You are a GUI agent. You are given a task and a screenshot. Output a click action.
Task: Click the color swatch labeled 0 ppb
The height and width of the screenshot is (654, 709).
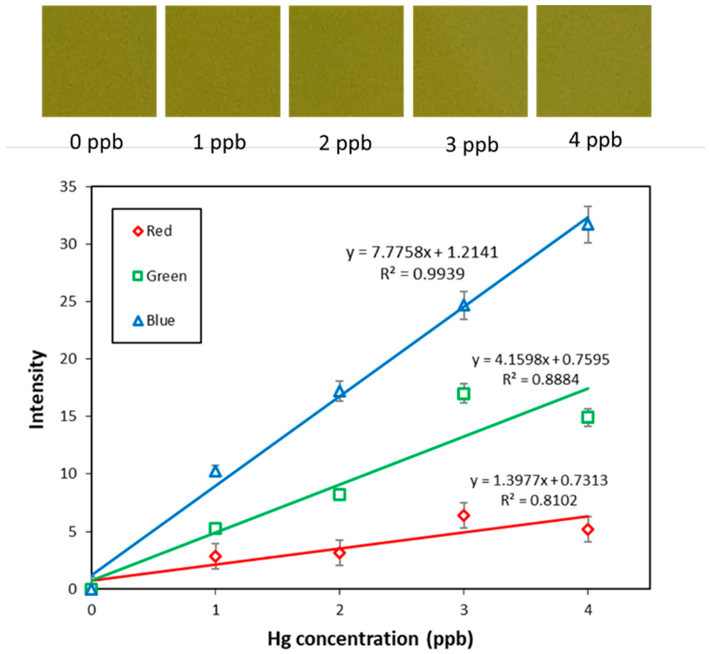[x=99, y=61]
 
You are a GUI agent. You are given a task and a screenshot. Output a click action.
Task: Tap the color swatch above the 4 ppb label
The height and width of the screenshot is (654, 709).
[x=593, y=61]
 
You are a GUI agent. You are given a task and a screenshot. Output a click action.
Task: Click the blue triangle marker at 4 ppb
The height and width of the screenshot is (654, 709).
[x=588, y=225]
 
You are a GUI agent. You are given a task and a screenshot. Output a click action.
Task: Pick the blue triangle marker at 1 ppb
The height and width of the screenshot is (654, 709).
[x=215, y=471]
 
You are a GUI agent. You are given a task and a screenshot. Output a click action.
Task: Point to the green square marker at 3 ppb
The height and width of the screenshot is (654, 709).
[x=464, y=394]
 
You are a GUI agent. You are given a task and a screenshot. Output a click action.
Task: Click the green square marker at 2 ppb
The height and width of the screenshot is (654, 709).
[x=339, y=494]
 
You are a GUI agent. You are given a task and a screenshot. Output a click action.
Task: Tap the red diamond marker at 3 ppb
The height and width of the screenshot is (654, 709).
[x=464, y=515]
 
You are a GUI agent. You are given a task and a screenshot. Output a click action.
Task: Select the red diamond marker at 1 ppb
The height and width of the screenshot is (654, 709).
[x=215, y=556]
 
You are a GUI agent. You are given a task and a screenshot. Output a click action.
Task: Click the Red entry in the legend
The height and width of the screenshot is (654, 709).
[x=153, y=231]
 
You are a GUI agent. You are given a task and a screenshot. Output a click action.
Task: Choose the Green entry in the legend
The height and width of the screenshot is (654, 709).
[x=159, y=276]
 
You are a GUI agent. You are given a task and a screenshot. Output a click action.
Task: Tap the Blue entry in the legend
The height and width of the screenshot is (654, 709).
[x=154, y=321]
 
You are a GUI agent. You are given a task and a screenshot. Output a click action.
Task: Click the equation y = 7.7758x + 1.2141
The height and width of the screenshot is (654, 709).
[x=422, y=253]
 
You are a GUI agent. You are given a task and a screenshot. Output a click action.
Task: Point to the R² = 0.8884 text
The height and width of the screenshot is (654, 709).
[x=541, y=380]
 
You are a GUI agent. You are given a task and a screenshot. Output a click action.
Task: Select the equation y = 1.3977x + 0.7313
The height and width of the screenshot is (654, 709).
[x=539, y=481]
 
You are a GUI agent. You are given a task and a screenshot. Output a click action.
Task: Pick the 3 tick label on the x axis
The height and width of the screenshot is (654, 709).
[x=464, y=610]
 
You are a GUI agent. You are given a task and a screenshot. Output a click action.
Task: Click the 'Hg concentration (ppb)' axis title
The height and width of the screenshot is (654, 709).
[x=370, y=639]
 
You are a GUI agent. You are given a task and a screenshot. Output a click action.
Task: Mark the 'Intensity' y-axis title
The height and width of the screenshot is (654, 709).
[x=37, y=389]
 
